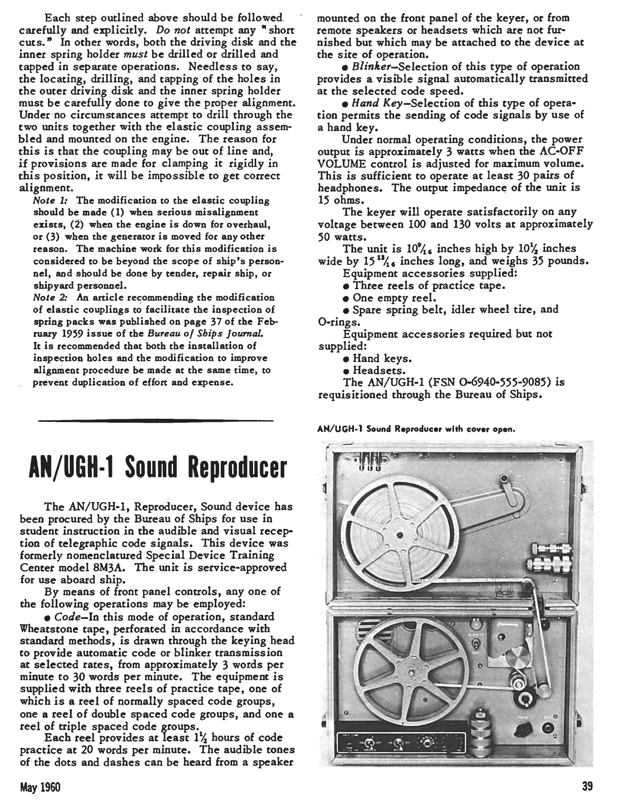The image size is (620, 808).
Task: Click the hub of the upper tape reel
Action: [400, 534]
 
